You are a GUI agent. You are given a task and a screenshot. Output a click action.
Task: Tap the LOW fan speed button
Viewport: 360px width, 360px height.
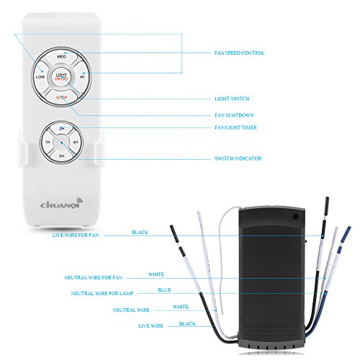click(x=40, y=75)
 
